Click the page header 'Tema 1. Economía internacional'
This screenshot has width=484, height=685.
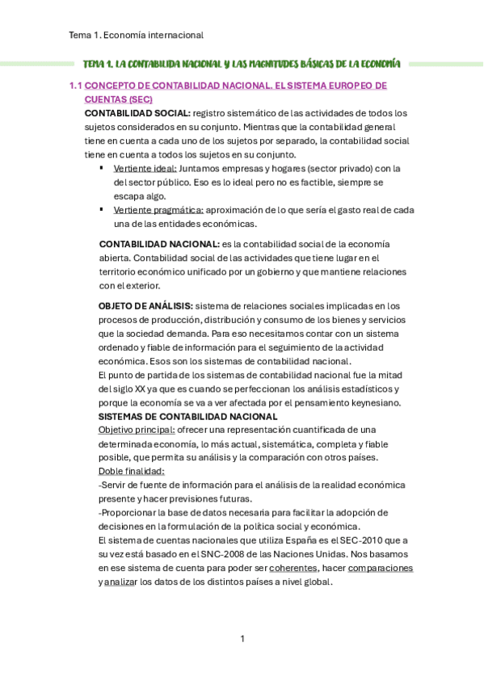(136, 35)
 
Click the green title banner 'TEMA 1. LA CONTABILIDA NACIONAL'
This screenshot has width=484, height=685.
(242, 63)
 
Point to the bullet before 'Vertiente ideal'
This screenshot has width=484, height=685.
(101, 168)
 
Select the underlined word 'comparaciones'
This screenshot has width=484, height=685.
(380, 568)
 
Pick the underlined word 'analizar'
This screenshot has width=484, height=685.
(121, 582)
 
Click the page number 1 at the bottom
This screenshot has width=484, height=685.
(242, 639)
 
